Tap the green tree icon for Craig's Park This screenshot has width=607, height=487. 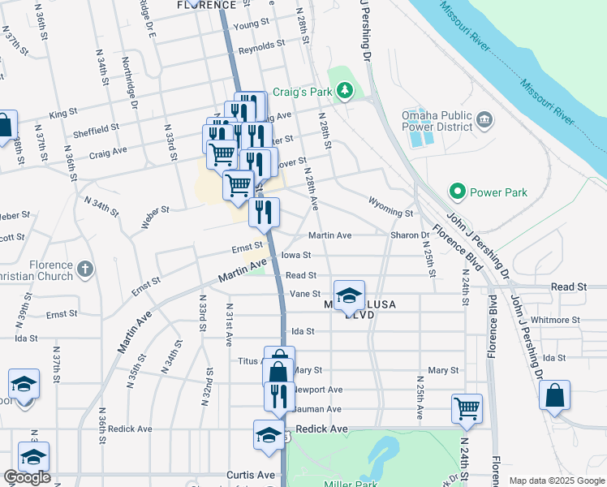(x=346, y=89)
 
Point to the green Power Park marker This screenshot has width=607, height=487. (x=457, y=192)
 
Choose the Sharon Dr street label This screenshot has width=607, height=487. (x=410, y=235)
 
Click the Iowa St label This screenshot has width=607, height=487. (x=296, y=254)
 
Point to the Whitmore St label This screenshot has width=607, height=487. (x=556, y=320)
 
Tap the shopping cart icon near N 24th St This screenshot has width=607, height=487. (x=467, y=407)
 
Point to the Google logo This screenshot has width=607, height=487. (x=28, y=478)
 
